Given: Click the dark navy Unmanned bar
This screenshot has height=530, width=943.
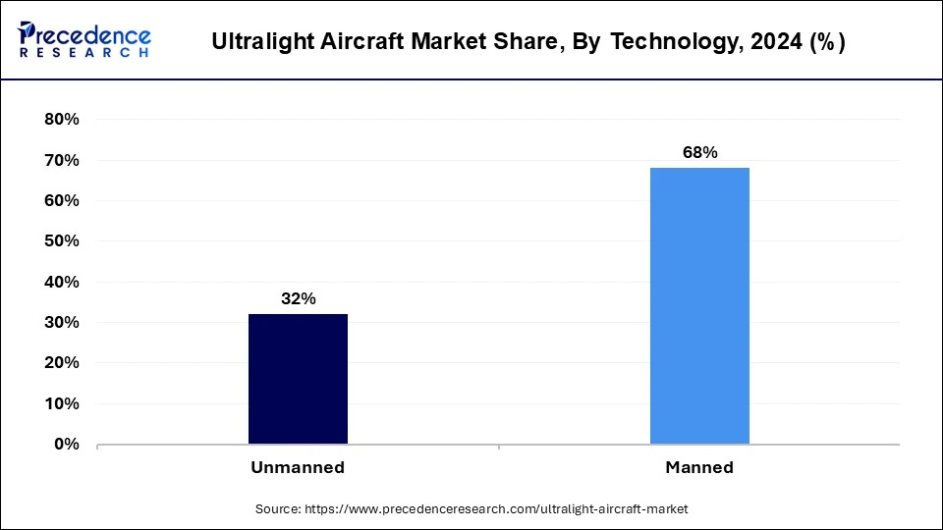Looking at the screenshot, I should pyautogui.click(x=298, y=379).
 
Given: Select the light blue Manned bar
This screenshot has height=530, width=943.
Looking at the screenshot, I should pyautogui.click(x=699, y=305).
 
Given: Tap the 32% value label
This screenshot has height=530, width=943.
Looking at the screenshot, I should pyautogui.click(x=298, y=299).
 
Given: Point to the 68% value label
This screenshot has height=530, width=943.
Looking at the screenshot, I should pyautogui.click(x=699, y=153).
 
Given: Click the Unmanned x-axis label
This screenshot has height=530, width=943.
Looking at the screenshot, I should pyautogui.click(x=298, y=468).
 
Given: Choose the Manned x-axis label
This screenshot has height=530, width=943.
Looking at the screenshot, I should pyautogui.click(x=699, y=468).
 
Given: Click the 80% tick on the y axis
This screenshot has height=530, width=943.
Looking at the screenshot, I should pyautogui.click(x=61, y=120).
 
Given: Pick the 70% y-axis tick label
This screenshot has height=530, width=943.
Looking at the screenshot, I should pyautogui.click(x=61, y=160).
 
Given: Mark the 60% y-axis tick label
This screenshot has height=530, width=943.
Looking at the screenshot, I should pyautogui.click(x=61, y=201).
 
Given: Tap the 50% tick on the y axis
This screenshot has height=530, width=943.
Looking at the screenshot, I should pyautogui.click(x=61, y=241).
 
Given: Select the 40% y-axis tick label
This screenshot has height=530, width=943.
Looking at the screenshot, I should pyautogui.click(x=61, y=282).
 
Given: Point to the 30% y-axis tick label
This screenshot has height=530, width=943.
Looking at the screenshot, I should pyautogui.click(x=61, y=323).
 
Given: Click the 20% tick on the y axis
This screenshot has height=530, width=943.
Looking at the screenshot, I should pyautogui.click(x=61, y=363).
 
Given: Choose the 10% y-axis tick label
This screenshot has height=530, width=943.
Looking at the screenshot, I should pyautogui.click(x=61, y=403).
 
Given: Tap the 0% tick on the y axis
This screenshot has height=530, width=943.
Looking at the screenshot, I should pyautogui.click(x=66, y=445).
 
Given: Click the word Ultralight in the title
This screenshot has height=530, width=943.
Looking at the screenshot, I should pyautogui.click(x=255, y=42).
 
